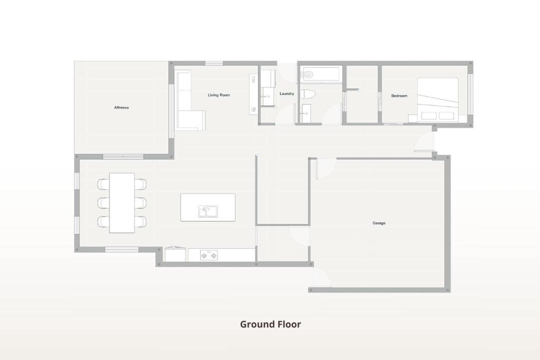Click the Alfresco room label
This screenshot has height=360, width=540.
pyautogui.click(x=121, y=107)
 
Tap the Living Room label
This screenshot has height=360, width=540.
pyautogui.click(x=218, y=95)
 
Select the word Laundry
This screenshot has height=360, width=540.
pyautogui.click(x=286, y=93)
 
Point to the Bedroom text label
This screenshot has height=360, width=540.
pyautogui.click(x=399, y=96)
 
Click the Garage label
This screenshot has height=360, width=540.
pyautogui.click(x=379, y=223)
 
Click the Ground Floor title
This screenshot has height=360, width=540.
pyautogui.click(x=270, y=324)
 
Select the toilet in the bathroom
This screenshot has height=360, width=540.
pyautogui.click(x=307, y=94)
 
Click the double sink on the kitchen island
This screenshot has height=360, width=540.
pyautogui.click(x=208, y=211)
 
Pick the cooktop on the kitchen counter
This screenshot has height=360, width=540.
pyautogui.click(x=209, y=255)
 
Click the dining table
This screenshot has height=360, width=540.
pyautogui.click(x=122, y=203)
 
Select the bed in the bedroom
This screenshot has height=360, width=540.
pyautogui.click(x=437, y=100)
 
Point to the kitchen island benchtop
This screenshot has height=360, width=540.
pyautogui.click(x=208, y=207)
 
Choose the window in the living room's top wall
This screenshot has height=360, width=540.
pyautogui.click(x=214, y=63)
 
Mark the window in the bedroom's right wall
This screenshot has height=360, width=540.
pyautogui.click(x=470, y=93)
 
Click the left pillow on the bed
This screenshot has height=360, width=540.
pyautogui.click(x=429, y=116)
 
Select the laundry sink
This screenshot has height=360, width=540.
pyautogui.click(x=267, y=96)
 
